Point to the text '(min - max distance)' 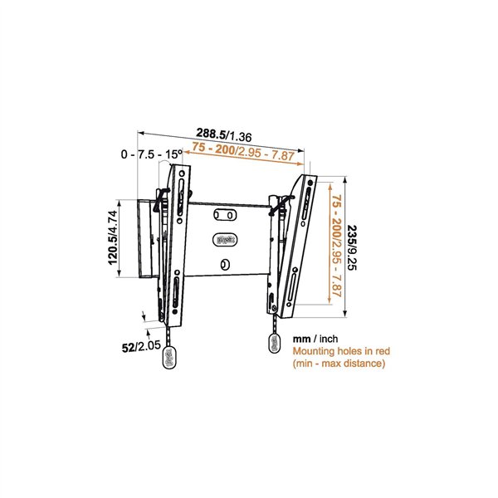tap(339, 364)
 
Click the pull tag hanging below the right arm tap(275, 344)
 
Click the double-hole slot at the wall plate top tap(224, 215)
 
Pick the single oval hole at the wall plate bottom tap(225, 265)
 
